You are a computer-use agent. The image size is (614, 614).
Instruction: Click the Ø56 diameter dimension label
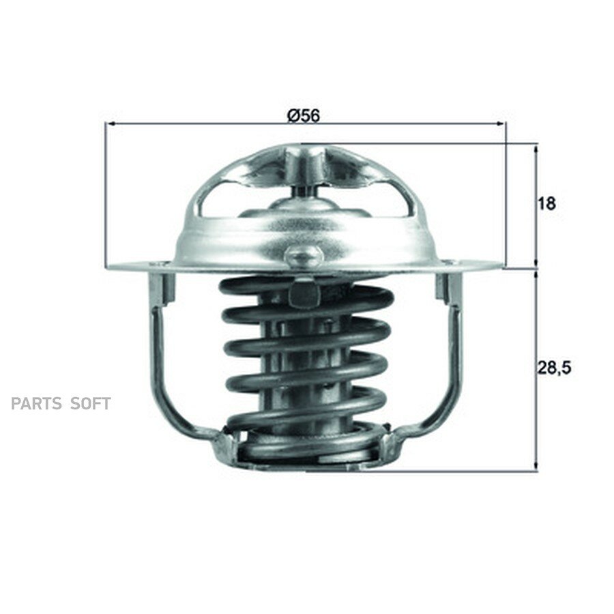pos(304,115)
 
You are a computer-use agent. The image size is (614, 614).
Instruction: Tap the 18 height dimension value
pos(547,203)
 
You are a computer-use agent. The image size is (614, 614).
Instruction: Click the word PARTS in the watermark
pos(36,403)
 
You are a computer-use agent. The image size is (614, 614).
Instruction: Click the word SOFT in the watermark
pos(91,403)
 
